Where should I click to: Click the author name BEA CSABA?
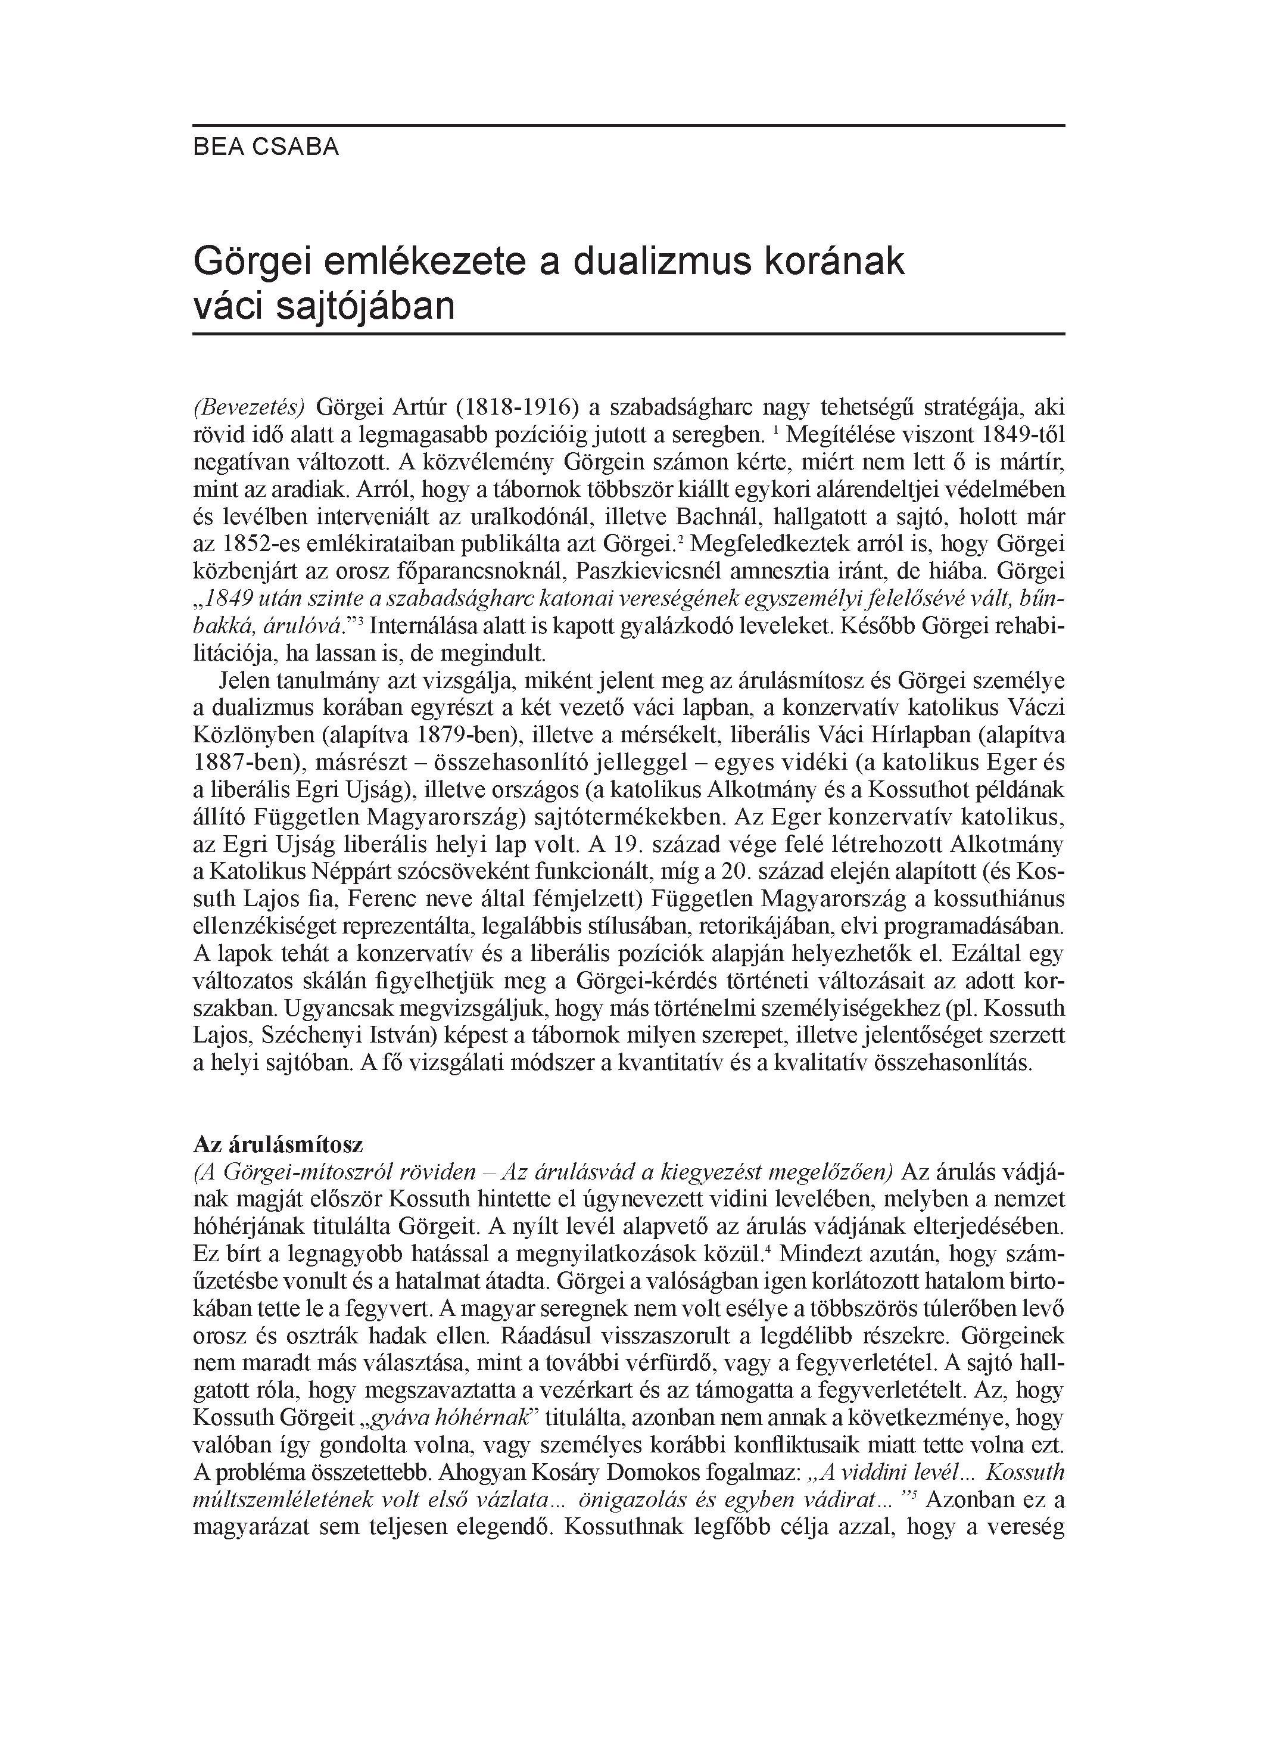pos(266,147)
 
